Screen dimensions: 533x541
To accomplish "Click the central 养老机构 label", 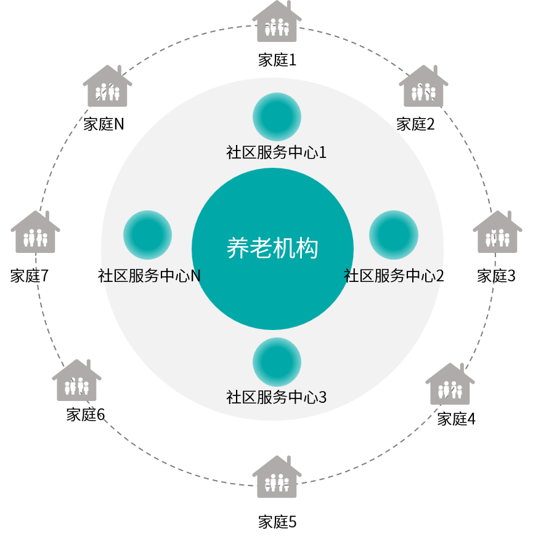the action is [272, 249].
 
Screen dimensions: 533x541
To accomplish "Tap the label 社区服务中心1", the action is [276, 152].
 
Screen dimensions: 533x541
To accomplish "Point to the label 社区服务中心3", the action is [276, 397].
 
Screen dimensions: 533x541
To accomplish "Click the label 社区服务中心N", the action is [151, 276].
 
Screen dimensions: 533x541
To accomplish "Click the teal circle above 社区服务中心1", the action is [277, 117].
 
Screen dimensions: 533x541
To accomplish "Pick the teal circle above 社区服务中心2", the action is [394, 234].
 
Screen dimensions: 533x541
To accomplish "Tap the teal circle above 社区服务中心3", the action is [277, 361].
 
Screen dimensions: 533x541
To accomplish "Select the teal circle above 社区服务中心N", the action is [147, 234].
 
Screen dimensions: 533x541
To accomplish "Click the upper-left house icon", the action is [107, 87].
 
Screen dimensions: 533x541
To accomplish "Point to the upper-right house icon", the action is [423, 87].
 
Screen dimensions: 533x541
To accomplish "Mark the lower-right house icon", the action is [450, 385].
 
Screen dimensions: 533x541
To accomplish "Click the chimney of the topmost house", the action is [288, 7].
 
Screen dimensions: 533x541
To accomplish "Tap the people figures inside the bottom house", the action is [277, 484].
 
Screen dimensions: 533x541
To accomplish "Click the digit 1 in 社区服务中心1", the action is [322, 152].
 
